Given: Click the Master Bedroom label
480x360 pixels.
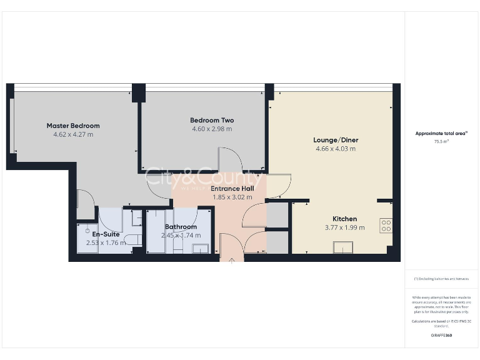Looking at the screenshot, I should (x=73, y=126).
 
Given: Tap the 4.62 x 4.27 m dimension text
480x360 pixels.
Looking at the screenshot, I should (x=73, y=134).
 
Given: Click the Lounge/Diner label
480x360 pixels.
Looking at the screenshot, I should (x=336, y=140).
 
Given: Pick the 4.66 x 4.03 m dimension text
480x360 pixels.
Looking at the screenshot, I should (x=336, y=149).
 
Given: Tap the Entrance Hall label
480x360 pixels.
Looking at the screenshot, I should (x=232, y=188).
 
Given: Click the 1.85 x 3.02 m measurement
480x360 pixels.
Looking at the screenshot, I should (x=232, y=197).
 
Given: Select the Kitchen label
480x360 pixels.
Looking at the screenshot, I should (x=344, y=219).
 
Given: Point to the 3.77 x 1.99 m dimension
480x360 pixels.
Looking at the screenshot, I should (x=344, y=227).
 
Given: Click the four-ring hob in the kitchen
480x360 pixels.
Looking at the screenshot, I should (x=386, y=226).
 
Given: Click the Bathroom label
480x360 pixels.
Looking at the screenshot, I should (x=181, y=227).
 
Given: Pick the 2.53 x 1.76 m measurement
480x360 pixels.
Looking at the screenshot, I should (x=106, y=242).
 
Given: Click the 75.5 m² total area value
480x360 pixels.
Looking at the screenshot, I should (x=441, y=142).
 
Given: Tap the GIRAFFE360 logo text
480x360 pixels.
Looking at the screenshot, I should (x=441, y=336).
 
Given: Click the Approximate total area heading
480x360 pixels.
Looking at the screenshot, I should (x=441, y=133).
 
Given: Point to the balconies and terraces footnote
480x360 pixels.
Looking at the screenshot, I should (x=441, y=278).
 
